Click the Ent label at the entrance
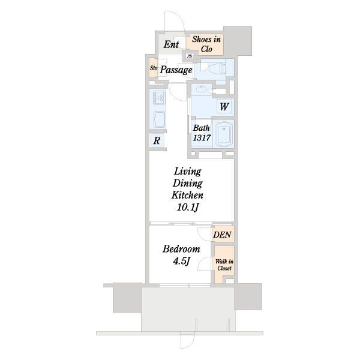171,44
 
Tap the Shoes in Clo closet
205,44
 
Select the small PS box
190,56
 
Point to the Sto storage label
154,68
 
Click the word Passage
176,70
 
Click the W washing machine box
224,106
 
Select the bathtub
224,134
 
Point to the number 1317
202,137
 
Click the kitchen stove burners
159,97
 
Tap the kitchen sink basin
159,119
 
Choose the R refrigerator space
157,140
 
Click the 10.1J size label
187,208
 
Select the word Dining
188,184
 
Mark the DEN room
223,234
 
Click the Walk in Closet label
224,265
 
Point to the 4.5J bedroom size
182,261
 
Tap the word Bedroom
181,249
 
